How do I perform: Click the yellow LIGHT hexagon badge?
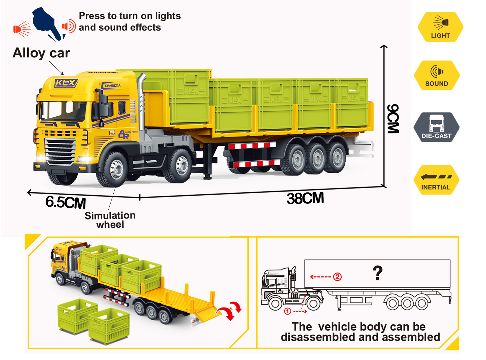pos(440,27)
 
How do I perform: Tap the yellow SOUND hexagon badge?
pos(437,76)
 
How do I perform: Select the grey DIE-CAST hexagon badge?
pos(436,127)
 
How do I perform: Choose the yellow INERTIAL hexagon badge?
pos(436,180)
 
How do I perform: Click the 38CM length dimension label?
pos(305,198)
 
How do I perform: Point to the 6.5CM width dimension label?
pos(66,203)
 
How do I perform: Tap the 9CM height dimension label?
pos(393,119)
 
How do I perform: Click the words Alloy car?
pos(41,53)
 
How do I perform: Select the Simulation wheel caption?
pos(110,220)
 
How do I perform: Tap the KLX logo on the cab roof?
pos(66,83)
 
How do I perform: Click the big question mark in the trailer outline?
pos(378,273)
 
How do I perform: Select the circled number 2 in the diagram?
pos(337,277)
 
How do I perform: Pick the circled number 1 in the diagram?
pos(288,311)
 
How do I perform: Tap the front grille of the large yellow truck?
pos(61,151)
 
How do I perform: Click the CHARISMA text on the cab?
pos(112,86)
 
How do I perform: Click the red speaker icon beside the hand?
pos(69,26)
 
